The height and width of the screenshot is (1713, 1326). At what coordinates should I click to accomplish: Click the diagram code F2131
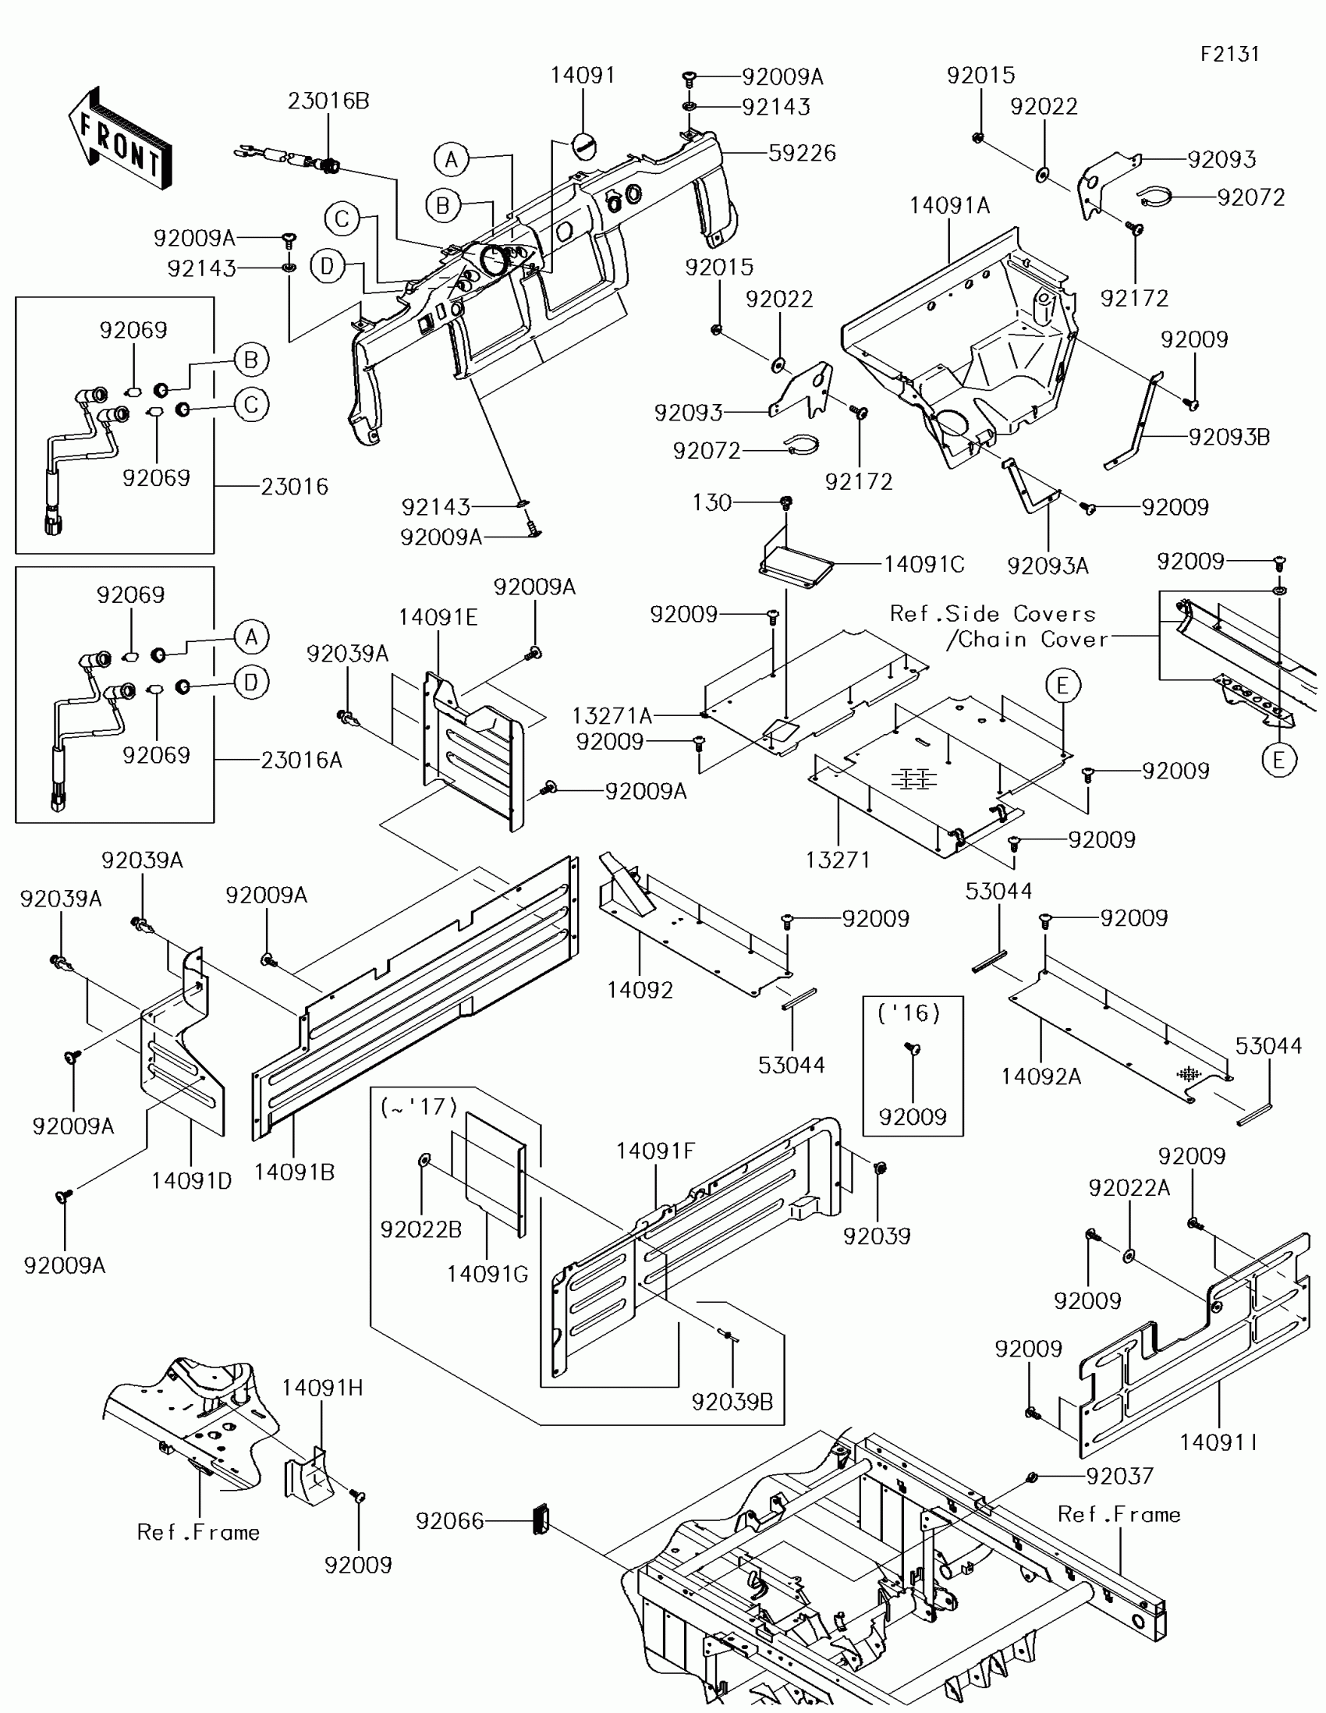pos(1229,54)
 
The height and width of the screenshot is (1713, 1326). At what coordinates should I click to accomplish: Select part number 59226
pos(801,153)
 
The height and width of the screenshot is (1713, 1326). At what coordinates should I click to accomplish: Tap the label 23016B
pos(328,101)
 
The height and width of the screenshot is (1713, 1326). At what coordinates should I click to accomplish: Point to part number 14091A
pos(948,206)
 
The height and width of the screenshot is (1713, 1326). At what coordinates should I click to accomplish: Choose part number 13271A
pos(612,715)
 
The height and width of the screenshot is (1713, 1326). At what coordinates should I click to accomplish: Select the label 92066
pos(450,1521)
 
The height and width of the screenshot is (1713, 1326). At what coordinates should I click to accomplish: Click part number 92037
pos(1119,1476)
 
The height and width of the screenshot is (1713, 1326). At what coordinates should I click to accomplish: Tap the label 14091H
pos(322,1388)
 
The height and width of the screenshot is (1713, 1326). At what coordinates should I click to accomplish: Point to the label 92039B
pos(732,1402)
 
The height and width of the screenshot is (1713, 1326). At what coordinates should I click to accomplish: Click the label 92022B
pos(421,1230)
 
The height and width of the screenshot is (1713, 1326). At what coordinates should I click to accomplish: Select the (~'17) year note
pos(418,1107)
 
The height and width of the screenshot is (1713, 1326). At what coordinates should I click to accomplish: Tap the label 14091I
pos(1218,1442)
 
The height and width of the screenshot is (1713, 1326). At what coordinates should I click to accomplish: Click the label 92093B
pos(1228,437)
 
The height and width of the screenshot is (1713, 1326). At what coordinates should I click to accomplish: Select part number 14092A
pos(1041,1077)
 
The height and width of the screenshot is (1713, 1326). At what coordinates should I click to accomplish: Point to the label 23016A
pos(301,759)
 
